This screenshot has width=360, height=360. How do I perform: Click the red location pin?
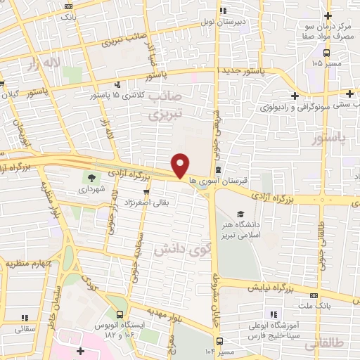coord(181,165)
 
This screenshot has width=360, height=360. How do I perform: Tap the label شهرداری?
coord(91,190)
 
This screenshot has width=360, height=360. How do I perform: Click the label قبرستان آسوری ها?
coord(224,181)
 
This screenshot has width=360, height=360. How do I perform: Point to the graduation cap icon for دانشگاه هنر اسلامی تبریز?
coord(241,213)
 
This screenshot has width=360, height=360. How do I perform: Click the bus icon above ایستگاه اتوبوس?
coord(119,314)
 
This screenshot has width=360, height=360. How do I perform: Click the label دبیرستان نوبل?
coord(242,22)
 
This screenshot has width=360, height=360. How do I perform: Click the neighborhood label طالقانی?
coord(341,342)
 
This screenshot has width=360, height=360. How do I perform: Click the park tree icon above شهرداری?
coord(91,177)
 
